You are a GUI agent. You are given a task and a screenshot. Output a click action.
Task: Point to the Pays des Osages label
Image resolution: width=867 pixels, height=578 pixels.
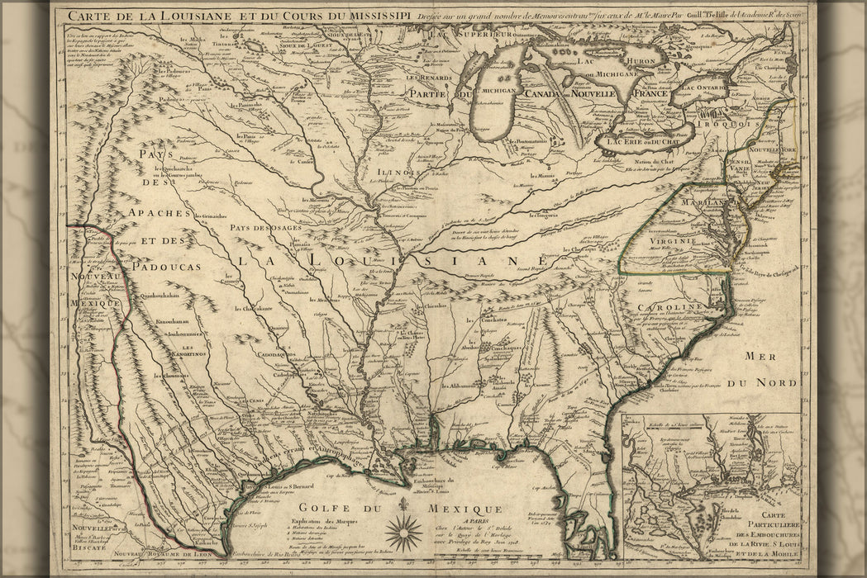click(262, 228)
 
